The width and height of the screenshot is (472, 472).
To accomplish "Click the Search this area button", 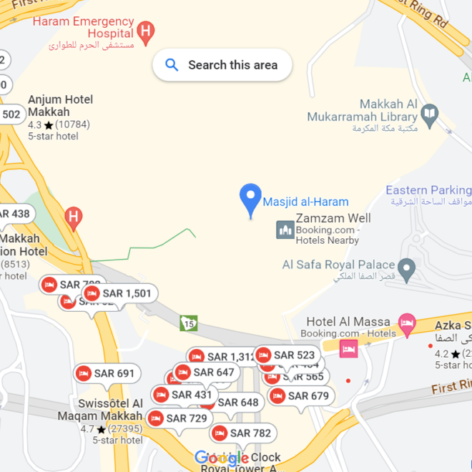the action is pyautogui.click(x=222, y=65).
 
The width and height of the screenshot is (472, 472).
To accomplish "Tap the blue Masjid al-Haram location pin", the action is pyautogui.click(x=250, y=200).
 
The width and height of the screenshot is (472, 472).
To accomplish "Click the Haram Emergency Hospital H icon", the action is pyautogui.click(x=146, y=31).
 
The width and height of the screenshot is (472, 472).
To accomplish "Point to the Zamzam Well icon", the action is pyautogui.click(x=285, y=230).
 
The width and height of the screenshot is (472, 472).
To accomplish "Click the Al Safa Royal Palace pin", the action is pyautogui.click(x=407, y=270).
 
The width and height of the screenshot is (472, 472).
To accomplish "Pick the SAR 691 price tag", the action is pyautogui.click(x=107, y=373).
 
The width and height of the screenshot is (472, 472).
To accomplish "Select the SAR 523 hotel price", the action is pyautogui.click(x=286, y=355).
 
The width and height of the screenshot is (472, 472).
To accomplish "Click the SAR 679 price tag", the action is pyautogui.click(x=300, y=396).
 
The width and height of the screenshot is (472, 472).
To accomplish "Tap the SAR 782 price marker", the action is pyautogui.click(x=242, y=433).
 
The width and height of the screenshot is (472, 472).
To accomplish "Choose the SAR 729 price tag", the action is pyautogui.click(x=178, y=418).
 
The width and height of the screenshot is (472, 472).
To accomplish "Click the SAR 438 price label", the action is pyautogui.click(x=14, y=214).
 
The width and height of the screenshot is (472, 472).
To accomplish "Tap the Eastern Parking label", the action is pyautogui.click(x=428, y=190).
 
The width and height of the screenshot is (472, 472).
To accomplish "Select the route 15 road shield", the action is pyautogui.click(x=189, y=323).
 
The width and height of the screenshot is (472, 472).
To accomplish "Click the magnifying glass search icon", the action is pyautogui.click(x=172, y=65).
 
